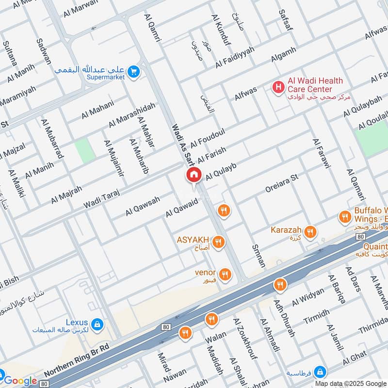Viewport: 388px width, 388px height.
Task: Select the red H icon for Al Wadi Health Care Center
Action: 278,87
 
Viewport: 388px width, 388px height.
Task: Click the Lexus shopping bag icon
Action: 97,323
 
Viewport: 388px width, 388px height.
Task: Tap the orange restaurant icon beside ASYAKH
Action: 219,241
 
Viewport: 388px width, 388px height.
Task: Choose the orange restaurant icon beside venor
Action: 224,275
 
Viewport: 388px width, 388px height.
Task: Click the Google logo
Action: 20,381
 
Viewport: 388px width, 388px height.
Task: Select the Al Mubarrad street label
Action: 53,139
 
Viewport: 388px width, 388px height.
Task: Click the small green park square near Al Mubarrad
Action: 85,150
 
